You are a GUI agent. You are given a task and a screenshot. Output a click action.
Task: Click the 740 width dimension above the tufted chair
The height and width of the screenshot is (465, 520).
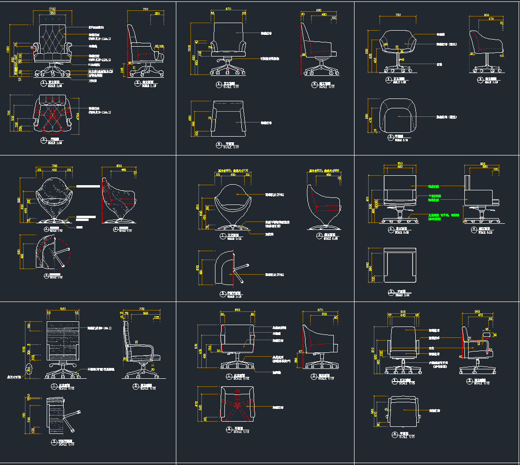(52, 9)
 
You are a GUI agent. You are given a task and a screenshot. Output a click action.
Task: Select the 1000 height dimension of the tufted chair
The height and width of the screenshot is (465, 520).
(8, 49)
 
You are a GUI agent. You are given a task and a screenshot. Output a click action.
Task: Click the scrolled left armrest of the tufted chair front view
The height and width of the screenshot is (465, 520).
(35, 47)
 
